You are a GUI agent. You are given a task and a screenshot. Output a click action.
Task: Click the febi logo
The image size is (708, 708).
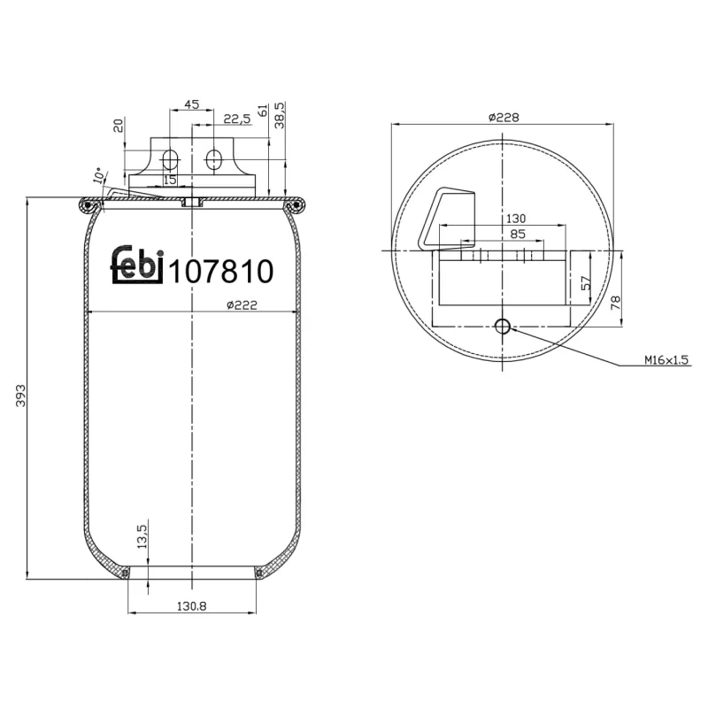(x=137, y=264)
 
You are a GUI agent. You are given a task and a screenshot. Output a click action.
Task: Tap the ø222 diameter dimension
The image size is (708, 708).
(x=242, y=304)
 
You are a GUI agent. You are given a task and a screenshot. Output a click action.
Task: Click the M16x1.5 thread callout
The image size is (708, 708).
(x=666, y=360)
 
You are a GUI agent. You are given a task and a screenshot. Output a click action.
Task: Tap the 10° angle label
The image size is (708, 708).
(x=98, y=176)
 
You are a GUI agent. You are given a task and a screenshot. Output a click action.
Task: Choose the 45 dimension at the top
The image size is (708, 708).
(x=190, y=104)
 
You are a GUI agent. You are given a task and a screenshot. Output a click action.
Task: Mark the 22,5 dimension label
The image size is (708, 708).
(x=236, y=119)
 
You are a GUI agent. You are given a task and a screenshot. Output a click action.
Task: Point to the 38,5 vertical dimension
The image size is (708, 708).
(x=281, y=116)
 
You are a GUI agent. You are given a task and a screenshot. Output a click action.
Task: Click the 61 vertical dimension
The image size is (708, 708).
(x=262, y=112)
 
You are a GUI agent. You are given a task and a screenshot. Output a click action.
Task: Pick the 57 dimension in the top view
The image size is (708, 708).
(x=585, y=284)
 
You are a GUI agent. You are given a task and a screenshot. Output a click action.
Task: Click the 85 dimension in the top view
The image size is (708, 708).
(x=518, y=235)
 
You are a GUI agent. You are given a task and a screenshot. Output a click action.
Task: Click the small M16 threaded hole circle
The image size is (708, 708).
(x=503, y=327)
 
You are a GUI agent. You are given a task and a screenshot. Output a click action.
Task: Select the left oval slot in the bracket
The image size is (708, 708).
(x=172, y=160)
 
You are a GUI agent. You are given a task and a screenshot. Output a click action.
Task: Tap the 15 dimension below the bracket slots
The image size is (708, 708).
(x=170, y=180)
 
